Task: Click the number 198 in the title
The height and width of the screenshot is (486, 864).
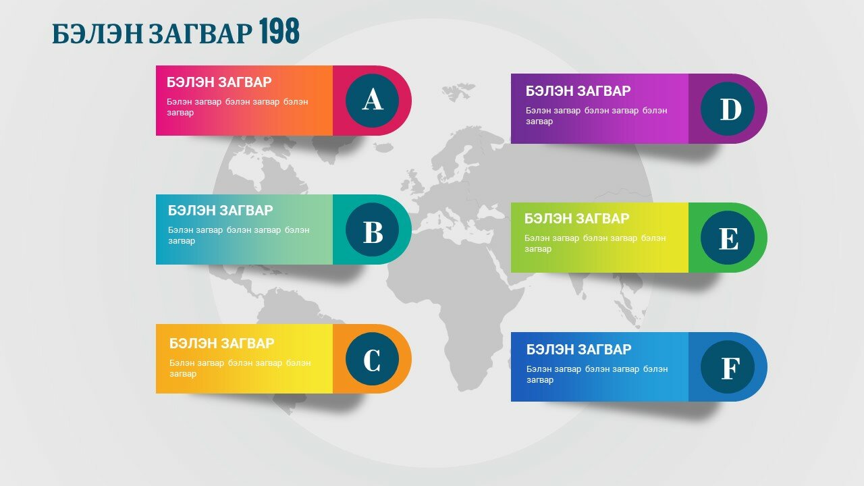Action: (x=279, y=31)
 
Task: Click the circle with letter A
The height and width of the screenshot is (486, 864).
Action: (x=372, y=101)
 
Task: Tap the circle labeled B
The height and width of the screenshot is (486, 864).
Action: (x=372, y=230)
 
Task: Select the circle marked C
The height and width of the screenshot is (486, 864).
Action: (x=372, y=358)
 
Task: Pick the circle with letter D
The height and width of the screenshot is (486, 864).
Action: (x=728, y=109)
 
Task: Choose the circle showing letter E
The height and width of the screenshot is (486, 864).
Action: (x=728, y=238)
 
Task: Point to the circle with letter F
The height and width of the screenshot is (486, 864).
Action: (x=728, y=367)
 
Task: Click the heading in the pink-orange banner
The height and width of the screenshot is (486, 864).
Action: (x=219, y=82)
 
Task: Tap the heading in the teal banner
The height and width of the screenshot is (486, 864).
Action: (x=220, y=210)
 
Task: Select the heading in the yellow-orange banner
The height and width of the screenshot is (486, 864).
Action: (x=222, y=343)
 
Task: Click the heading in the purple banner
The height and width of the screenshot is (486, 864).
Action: (x=578, y=91)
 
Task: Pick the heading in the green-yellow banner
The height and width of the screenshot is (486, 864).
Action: (x=576, y=219)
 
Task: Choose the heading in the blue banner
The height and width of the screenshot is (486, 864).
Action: (x=579, y=350)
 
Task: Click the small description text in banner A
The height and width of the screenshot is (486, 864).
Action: (x=238, y=107)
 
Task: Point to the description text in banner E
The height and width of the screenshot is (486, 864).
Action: (x=595, y=244)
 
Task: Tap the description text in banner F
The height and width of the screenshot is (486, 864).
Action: (x=597, y=375)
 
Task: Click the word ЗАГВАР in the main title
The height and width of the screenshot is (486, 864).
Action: (x=200, y=33)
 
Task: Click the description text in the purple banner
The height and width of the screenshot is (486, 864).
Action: (x=596, y=115)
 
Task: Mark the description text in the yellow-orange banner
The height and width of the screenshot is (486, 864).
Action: (x=240, y=369)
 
